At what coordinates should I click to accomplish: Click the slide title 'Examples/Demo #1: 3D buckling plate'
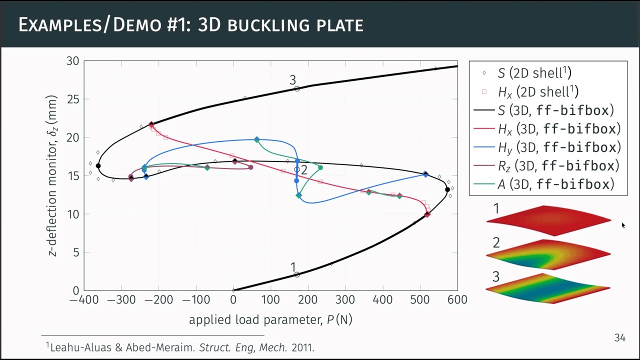190,24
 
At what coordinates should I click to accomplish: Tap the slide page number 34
619,338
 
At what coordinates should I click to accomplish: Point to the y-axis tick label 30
72,61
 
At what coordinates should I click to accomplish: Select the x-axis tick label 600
457,300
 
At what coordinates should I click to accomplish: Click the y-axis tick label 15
72,176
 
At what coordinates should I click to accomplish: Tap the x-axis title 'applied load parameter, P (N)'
270,320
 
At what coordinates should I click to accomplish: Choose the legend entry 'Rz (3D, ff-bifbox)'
558,166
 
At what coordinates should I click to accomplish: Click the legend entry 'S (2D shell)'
534,73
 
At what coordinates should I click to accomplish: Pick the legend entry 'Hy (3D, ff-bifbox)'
558,147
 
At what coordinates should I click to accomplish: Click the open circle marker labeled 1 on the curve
297,274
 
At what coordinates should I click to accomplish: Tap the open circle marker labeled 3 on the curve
297,88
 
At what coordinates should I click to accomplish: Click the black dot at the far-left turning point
98,166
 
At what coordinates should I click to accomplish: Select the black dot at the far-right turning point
447,190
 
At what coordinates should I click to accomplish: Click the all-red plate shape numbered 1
548,220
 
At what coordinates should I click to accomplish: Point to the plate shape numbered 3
548,288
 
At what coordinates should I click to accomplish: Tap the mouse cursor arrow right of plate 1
623,225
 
